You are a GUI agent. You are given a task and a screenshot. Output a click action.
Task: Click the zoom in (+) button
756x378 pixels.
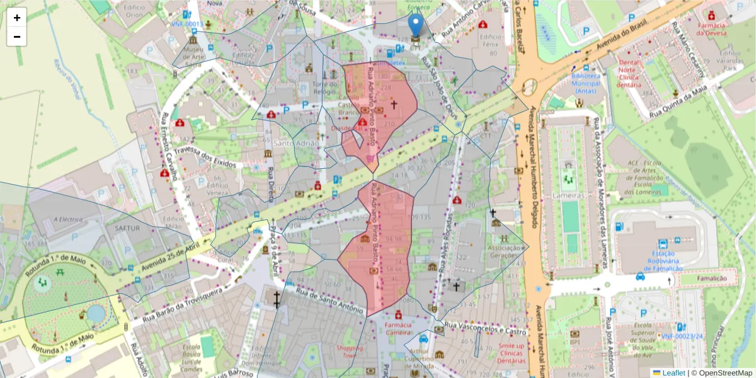(x=17, y=18)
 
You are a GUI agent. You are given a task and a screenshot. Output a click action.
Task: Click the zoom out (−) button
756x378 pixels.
(x=17, y=37)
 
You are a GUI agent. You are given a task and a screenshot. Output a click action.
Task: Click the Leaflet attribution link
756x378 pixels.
(x=673, y=373)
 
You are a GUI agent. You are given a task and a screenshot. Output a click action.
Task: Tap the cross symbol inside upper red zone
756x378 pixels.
(x=395, y=105)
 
